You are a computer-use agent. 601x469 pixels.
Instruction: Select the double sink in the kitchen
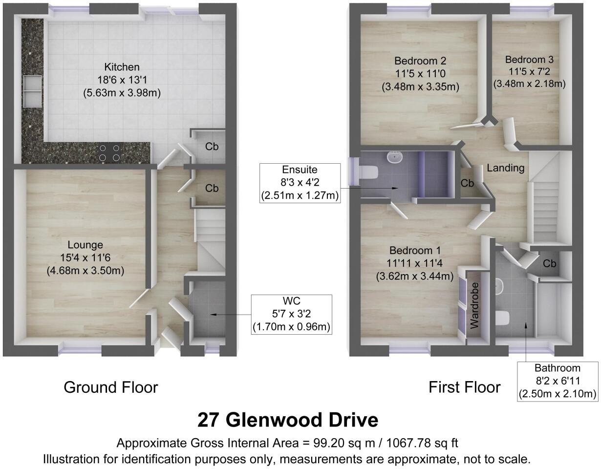[x=31, y=91]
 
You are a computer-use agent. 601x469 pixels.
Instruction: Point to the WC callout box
[x=292, y=315]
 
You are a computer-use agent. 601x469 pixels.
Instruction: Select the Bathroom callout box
[x=557, y=381]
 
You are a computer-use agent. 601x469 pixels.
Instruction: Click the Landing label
[x=506, y=168]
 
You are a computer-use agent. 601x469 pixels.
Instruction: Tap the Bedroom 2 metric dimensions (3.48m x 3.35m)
[x=420, y=86]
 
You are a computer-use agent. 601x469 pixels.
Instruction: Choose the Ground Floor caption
[x=111, y=387]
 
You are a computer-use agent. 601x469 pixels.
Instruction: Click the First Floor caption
[x=464, y=387]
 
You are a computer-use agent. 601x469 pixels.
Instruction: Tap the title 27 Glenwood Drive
[x=288, y=420]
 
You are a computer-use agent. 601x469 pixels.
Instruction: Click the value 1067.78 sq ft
[x=422, y=443]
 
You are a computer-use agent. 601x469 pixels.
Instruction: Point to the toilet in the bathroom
[x=502, y=318]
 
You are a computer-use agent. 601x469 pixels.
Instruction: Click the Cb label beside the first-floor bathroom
[x=550, y=264]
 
